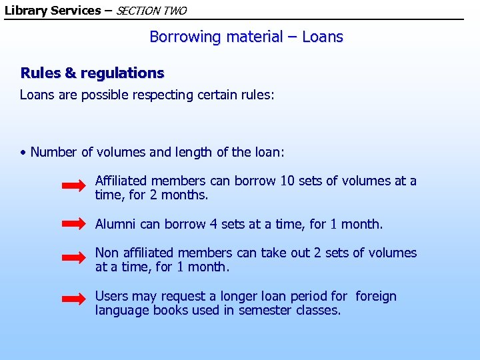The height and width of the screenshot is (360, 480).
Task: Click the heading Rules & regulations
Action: pos(92,73)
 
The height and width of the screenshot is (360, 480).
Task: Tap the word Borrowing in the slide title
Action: pos(185,37)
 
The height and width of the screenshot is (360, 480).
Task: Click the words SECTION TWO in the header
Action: pos(151,11)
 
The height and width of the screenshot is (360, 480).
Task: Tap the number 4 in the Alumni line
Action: pos(213,224)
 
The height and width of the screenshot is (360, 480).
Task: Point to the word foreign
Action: pos(376,296)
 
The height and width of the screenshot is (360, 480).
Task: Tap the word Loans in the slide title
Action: pos(323,37)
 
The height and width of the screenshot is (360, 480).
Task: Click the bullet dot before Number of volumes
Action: pos(23,153)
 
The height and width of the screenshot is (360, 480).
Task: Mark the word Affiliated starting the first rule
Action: pos(121,181)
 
